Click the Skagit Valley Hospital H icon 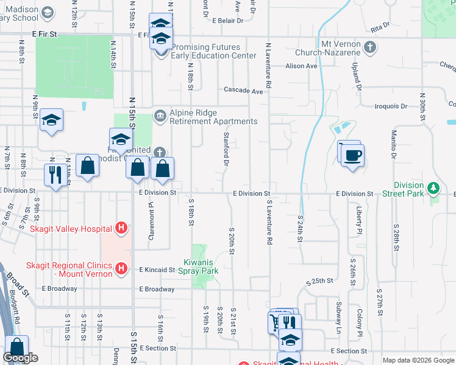click(x=121, y=229)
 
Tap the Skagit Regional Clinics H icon click(x=121, y=268)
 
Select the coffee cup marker click(x=353, y=155)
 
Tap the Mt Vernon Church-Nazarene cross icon click(x=369, y=47)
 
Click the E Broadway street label click(x=157, y=289)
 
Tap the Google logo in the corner click(x=20, y=358)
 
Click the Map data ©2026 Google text click(x=418, y=360)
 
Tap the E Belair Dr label click(x=227, y=20)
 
